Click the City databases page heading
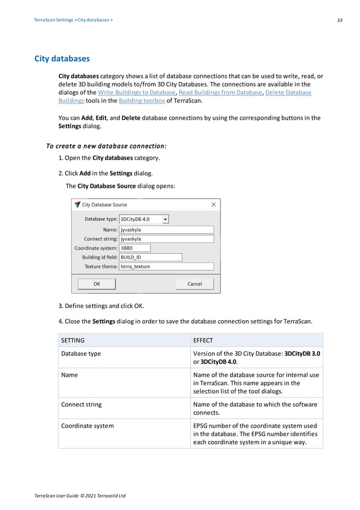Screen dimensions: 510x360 coord(62,58)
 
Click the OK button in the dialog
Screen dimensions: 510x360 coord(96,284)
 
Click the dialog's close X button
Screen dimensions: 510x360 coord(213,204)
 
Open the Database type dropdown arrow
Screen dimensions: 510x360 coord(165,219)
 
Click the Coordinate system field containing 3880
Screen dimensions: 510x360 coord(135,248)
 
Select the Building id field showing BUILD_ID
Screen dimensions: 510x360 coord(151,257)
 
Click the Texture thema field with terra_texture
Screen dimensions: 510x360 coord(166,266)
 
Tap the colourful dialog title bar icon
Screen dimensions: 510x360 coord(77,204)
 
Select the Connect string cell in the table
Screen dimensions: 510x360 coord(81,404)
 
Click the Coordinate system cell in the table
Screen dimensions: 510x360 coord(87,426)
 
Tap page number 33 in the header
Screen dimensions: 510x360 coord(340,20)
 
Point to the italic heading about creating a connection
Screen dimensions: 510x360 coord(106,146)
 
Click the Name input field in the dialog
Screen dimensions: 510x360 coord(166,230)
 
